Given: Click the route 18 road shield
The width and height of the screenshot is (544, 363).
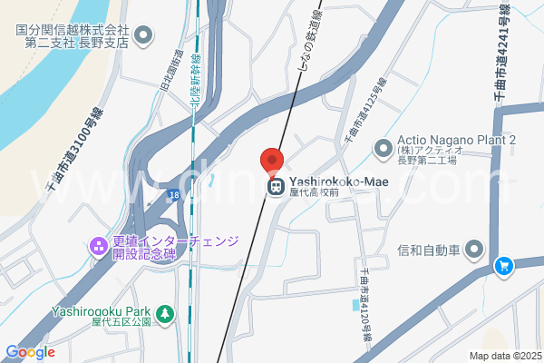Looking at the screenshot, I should coord(172,195).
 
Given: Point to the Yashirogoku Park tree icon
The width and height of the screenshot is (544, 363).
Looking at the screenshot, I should coord(164,314).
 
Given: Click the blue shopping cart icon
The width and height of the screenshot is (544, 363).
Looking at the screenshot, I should coord(504,267).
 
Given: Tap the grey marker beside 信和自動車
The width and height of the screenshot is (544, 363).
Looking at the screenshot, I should coord(474,249).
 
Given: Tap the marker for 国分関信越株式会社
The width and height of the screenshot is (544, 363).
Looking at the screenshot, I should coord(143,35).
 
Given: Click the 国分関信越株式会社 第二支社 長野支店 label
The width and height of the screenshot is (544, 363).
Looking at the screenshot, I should coord(73,35).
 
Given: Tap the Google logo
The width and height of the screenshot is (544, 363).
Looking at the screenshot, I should coord(31,352).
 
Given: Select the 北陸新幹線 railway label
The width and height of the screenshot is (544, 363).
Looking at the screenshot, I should coord(196,82).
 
